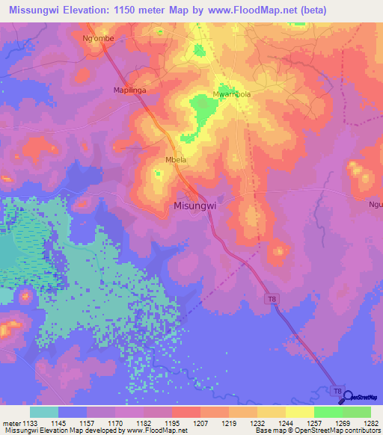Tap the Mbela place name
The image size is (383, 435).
click(175, 160)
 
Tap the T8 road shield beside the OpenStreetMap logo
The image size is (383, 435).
click(338, 391)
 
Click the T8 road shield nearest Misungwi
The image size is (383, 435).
click(272, 298)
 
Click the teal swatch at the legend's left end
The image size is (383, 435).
click(44, 411)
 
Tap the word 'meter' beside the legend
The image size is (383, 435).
click(10, 422)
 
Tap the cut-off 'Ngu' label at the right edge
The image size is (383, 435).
click(376, 204)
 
